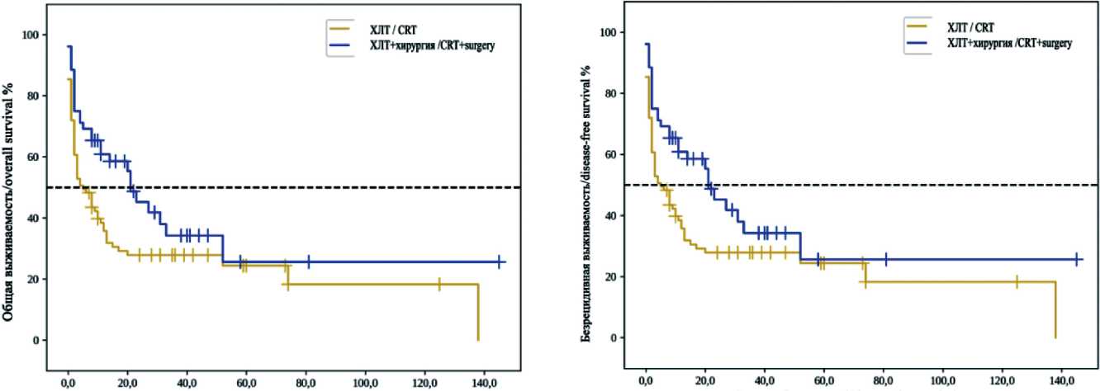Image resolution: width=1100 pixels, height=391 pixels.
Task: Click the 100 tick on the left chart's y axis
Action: coord(33,35)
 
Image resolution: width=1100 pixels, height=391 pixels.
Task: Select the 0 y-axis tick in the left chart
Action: coord(38,340)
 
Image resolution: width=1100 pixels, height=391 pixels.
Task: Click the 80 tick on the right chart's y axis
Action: coord(614,93)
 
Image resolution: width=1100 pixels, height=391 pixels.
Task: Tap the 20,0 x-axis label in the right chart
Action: coord(704,383)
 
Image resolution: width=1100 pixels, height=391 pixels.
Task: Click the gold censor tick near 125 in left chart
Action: coord(439,284)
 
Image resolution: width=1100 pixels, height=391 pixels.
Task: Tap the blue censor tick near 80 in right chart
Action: coord(885,259)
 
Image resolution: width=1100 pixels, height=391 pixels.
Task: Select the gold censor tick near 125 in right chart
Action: coord(1017,281)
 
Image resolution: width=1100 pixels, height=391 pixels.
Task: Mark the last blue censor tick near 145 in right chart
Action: coord(1077,259)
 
